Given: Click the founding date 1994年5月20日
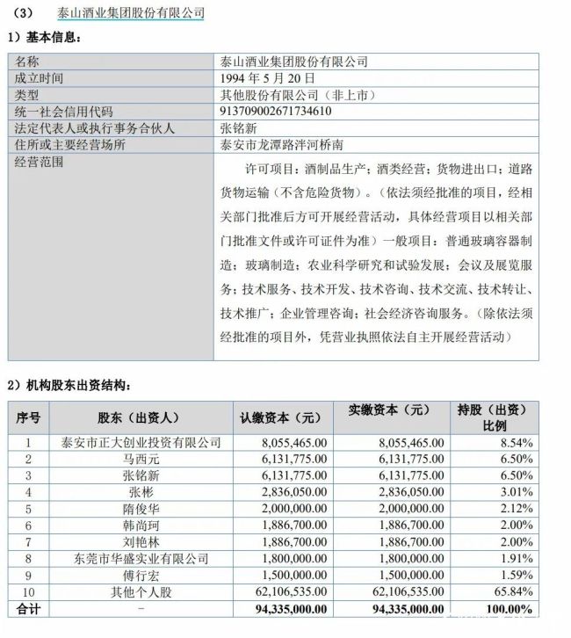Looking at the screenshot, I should tap(262, 78).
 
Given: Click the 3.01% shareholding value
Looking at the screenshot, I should tap(517, 491).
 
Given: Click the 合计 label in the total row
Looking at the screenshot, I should tap(29, 608).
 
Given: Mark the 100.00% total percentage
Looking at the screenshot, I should tap(511, 608).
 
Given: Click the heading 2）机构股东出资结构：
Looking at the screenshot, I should tap(70, 385).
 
